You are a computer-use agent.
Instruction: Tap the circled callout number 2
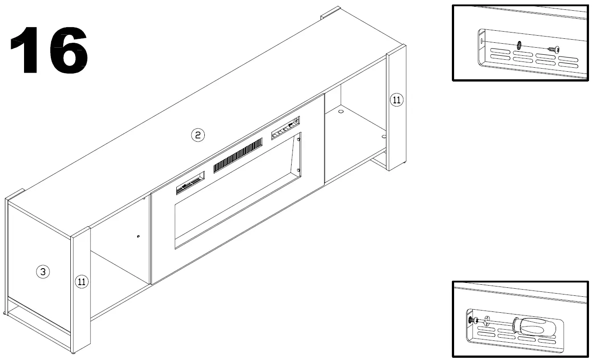point(198,135)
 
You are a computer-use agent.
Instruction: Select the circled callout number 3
point(43,272)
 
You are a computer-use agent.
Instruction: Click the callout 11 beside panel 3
point(81,282)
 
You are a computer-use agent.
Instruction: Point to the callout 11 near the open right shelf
point(396,100)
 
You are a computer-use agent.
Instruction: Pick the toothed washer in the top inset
point(519,45)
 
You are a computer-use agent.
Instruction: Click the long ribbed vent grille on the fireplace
point(238,155)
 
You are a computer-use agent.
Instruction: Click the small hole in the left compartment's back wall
point(138,236)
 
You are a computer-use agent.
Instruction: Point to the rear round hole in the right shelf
point(341,111)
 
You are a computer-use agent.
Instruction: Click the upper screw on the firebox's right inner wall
point(299,139)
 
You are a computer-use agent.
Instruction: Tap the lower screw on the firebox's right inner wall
point(298,170)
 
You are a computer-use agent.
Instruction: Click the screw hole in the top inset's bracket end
point(482,41)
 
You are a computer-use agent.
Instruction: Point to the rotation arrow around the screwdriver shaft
point(486,320)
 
